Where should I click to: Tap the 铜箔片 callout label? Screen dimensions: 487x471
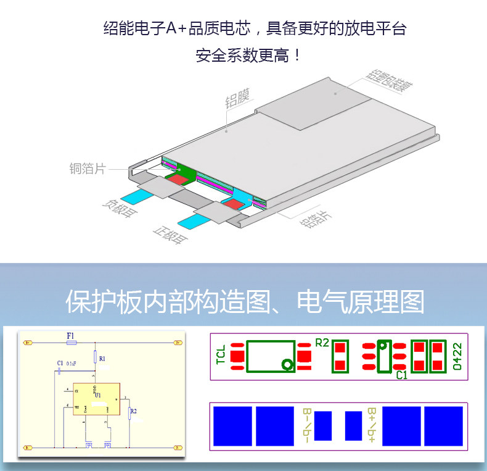88,168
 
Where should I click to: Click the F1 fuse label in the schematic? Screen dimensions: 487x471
70,335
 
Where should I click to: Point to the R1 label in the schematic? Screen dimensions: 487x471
102,358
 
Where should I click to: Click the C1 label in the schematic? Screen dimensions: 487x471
60,362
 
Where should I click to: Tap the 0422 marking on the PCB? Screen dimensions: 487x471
457,357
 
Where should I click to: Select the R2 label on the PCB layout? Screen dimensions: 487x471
322,343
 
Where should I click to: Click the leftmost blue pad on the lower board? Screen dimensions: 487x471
232,426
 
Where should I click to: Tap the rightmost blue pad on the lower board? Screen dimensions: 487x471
443,426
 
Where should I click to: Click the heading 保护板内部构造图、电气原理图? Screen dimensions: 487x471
245,302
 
